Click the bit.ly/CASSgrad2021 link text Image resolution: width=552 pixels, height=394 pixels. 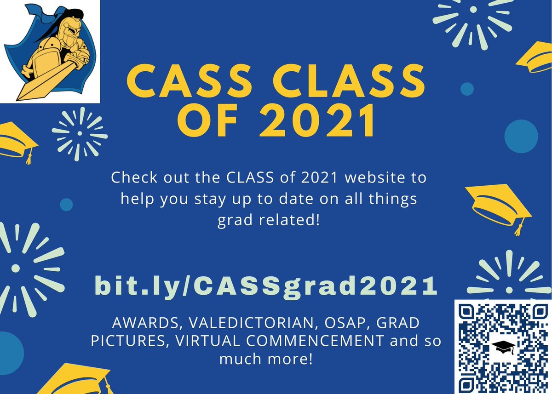265,286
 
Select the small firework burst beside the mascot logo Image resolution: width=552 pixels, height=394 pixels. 80,133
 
